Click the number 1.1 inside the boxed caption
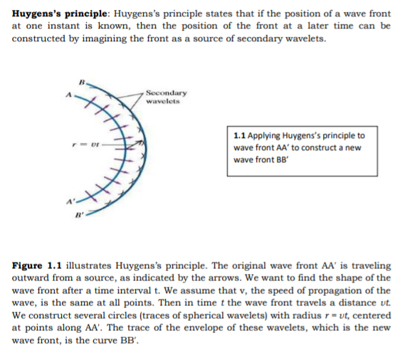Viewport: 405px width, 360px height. tap(239, 136)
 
